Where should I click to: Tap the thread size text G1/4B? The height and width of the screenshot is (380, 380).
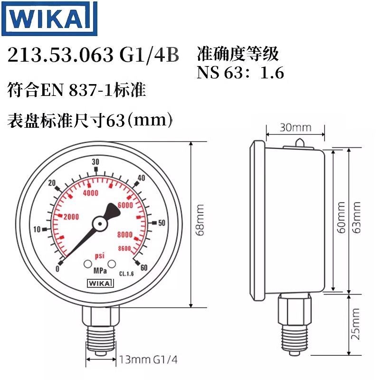click(x=148, y=56)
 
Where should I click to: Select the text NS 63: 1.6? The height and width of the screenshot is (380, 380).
click(x=240, y=72)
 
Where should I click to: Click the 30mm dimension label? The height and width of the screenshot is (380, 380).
click(x=295, y=127)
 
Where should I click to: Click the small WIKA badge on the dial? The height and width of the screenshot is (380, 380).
click(x=100, y=284)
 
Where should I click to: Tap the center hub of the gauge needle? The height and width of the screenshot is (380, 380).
click(x=100, y=222)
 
